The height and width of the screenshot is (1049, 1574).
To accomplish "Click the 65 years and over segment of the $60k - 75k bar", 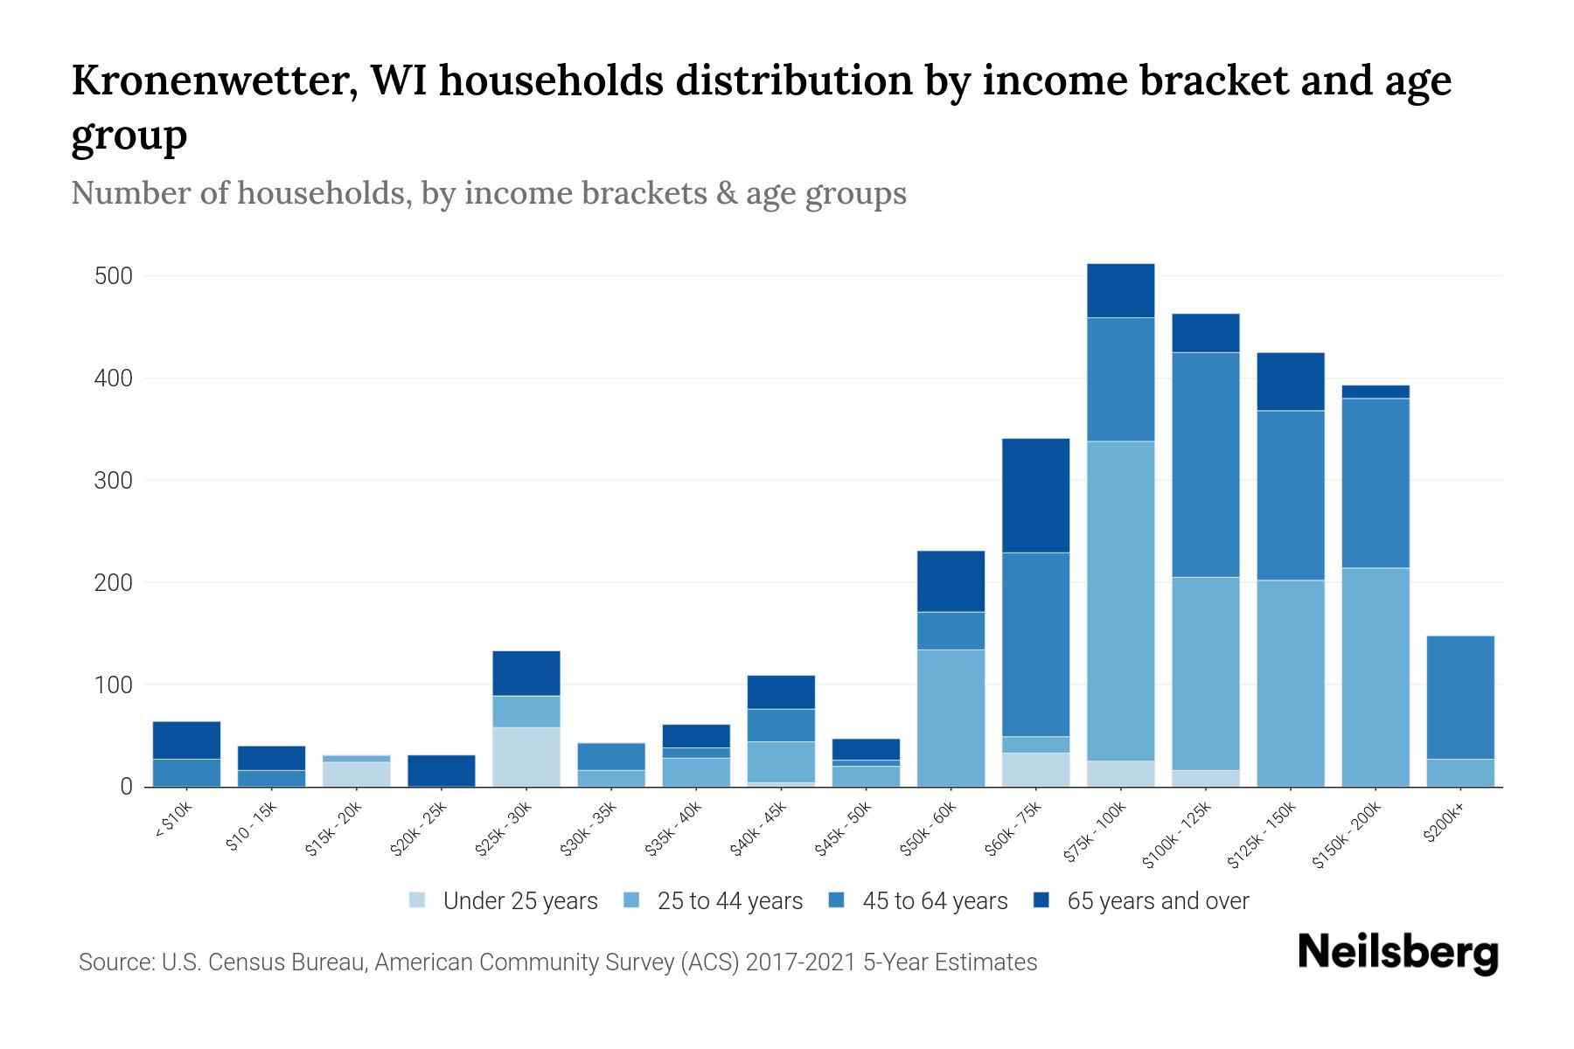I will click(1036, 496).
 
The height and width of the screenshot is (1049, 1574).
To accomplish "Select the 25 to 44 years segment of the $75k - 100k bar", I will click(1121, 601).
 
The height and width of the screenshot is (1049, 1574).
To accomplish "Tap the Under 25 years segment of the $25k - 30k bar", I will click(526, 757).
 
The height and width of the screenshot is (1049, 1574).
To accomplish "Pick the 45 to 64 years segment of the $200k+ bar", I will click(1460, 698).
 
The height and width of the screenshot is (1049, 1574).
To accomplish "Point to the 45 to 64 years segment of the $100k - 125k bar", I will click(1206, 464).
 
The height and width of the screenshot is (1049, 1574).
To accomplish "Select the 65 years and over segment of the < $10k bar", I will click(186, 740).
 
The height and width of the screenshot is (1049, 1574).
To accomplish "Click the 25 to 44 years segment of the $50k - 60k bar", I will click(951, 718).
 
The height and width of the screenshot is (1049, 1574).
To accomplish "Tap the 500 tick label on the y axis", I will click(113, 276).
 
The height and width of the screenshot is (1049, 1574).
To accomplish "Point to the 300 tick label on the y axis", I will click(113, 481).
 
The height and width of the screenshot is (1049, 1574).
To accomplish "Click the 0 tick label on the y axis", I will click(126, 787).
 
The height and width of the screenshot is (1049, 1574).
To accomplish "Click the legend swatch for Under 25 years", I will click(417, 900).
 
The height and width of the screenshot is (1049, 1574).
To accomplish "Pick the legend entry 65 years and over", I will click(1157, 901).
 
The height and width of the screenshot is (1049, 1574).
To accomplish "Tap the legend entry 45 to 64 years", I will click(934, 901).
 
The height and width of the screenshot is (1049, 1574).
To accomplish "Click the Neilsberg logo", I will click(1397, 953).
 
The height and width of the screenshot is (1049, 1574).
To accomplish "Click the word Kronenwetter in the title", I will click(213, 80).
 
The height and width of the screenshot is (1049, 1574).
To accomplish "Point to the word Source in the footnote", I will click(115, 962).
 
